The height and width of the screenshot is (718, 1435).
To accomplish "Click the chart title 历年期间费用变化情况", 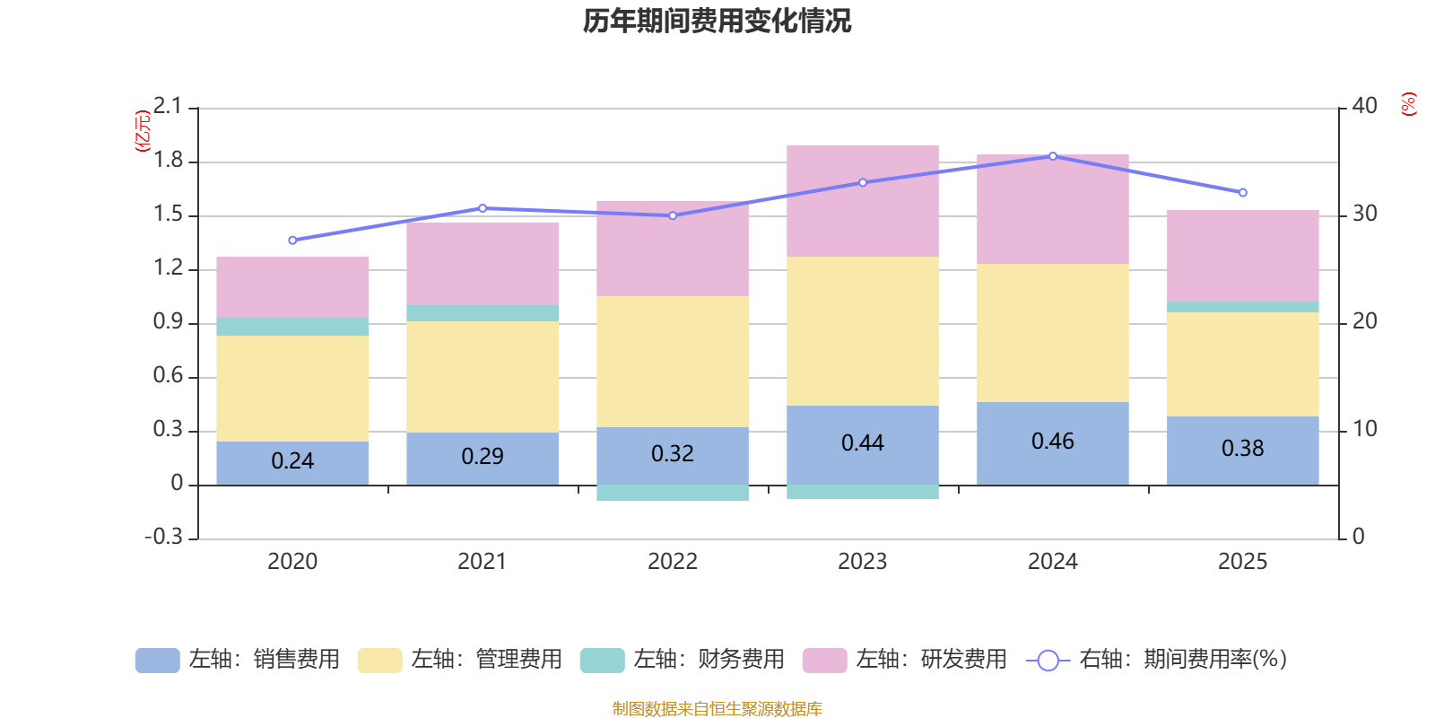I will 717,21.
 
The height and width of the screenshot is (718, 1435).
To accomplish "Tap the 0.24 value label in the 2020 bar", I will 292,461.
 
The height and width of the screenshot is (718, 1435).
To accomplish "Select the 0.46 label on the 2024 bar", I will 1052,442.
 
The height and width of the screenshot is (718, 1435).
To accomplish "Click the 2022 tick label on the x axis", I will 672,562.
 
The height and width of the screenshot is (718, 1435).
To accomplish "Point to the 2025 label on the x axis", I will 1242,562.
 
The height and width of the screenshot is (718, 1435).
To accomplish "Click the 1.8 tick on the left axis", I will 168,161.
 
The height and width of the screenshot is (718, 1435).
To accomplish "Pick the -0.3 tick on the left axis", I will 163,537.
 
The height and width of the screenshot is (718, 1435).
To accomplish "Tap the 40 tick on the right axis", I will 1364,106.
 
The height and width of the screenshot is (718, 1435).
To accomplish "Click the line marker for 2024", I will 1053,156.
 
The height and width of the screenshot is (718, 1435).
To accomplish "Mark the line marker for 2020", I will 292,241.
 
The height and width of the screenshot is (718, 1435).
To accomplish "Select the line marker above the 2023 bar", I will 863,182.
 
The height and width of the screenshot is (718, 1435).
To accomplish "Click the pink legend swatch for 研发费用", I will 824,661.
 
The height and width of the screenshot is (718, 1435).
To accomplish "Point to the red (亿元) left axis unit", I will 142,131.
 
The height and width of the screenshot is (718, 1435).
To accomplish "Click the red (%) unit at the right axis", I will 1409,104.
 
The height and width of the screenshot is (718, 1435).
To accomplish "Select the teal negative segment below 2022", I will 673,493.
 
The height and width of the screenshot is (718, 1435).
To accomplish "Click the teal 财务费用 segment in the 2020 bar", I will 292,327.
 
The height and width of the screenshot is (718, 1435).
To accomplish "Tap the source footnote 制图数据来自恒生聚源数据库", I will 717,709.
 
